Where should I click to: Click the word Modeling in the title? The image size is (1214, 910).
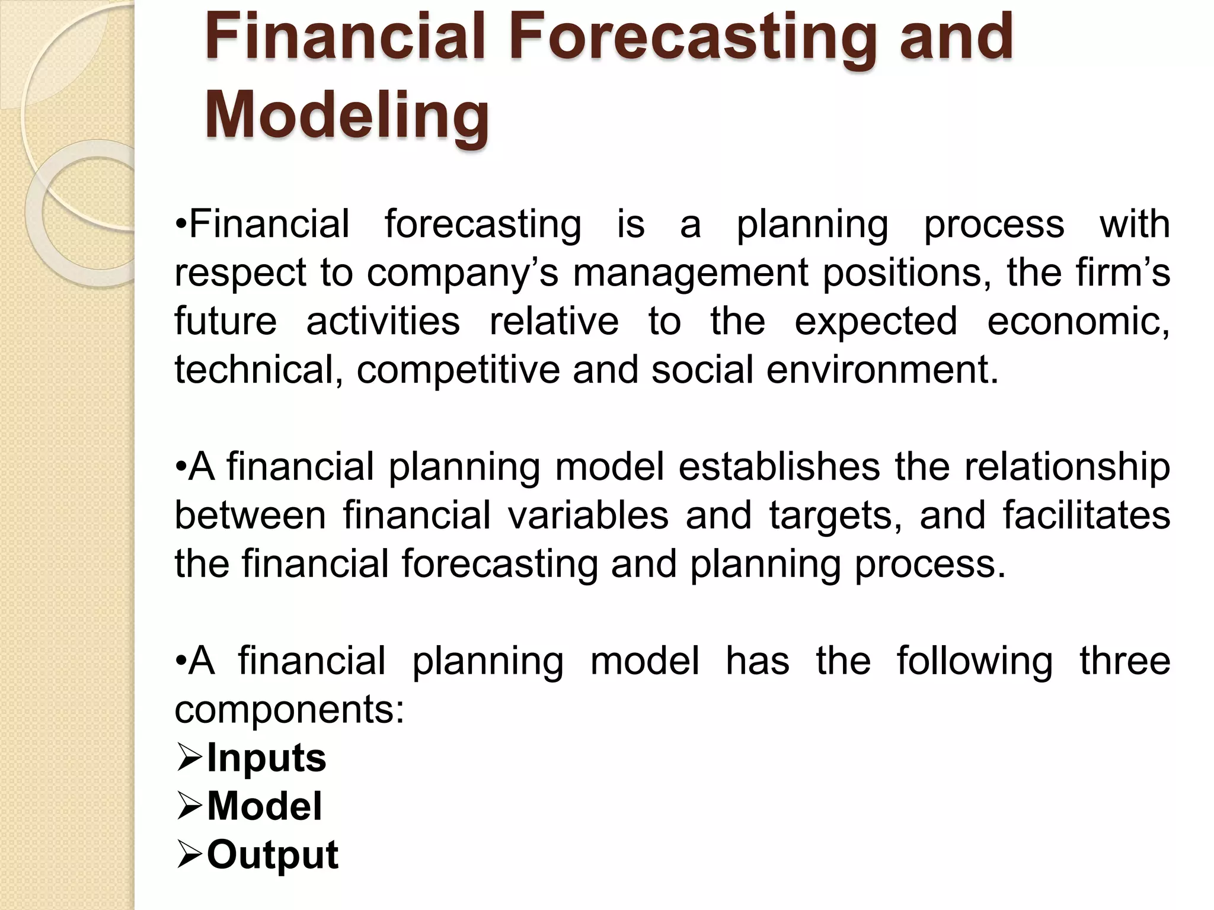pos(347,116)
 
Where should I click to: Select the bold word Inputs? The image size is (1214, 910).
pos(266,758)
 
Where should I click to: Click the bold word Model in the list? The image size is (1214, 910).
pos(264,806)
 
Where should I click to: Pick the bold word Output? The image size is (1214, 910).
pos(272,855)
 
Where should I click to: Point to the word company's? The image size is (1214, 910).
pos(462,273)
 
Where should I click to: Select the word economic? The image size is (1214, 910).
pos(1078,321)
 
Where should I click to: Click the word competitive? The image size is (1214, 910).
pos(458,370)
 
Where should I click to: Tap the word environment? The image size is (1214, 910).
pos(882,370)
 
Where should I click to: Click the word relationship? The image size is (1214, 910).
pos(1067,467)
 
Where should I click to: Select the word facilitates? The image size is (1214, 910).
pos(1086,515)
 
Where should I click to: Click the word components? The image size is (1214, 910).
pos(289,710)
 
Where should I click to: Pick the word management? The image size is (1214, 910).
pos(691,273)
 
